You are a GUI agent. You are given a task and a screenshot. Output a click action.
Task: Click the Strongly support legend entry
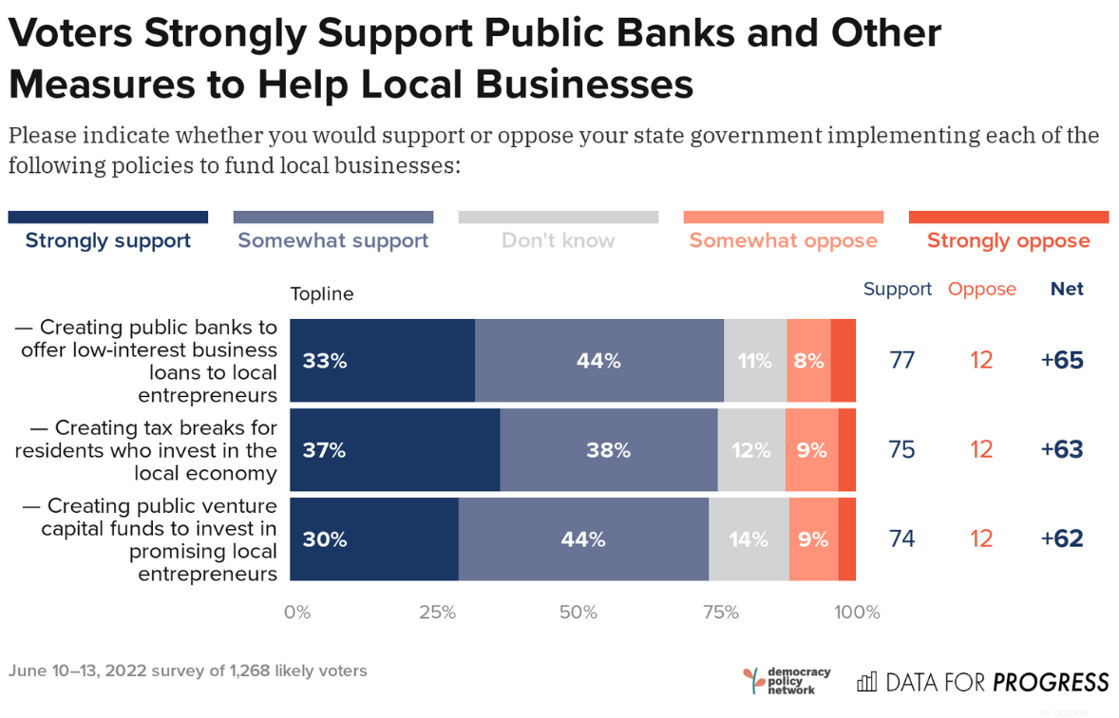(108, 240)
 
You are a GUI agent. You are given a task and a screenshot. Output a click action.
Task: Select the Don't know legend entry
(559, 240)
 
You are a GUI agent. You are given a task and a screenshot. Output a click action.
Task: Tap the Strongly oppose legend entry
(1008, 240)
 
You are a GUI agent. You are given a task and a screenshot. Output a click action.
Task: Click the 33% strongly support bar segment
(382, 361)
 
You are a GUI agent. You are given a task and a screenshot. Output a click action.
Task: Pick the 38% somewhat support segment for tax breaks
(608, 450)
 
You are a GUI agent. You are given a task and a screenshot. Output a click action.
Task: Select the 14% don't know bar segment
(749, 539)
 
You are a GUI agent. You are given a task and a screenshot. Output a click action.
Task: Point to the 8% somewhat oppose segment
(808, 361)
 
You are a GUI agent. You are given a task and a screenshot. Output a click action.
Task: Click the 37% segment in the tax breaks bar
(394, 450)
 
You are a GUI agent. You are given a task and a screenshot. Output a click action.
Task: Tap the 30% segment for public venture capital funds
(373, 539)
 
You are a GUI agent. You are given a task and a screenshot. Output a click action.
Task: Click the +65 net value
(1062, 361)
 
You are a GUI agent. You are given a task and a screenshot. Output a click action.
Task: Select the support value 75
(901, 450)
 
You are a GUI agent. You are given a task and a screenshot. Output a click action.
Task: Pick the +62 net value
(1062, 539)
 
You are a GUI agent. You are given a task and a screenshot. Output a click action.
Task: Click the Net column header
(1067, 290)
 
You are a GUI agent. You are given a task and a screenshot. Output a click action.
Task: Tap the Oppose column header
(982, 290)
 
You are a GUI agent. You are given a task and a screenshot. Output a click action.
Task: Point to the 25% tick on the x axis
(438, 613)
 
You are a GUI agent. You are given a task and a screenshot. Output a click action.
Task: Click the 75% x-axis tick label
(720, 613)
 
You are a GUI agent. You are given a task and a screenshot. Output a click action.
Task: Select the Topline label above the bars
(322, 294)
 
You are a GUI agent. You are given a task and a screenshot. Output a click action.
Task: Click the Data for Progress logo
(983, 682)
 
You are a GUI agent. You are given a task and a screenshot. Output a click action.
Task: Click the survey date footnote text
(187, 671)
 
